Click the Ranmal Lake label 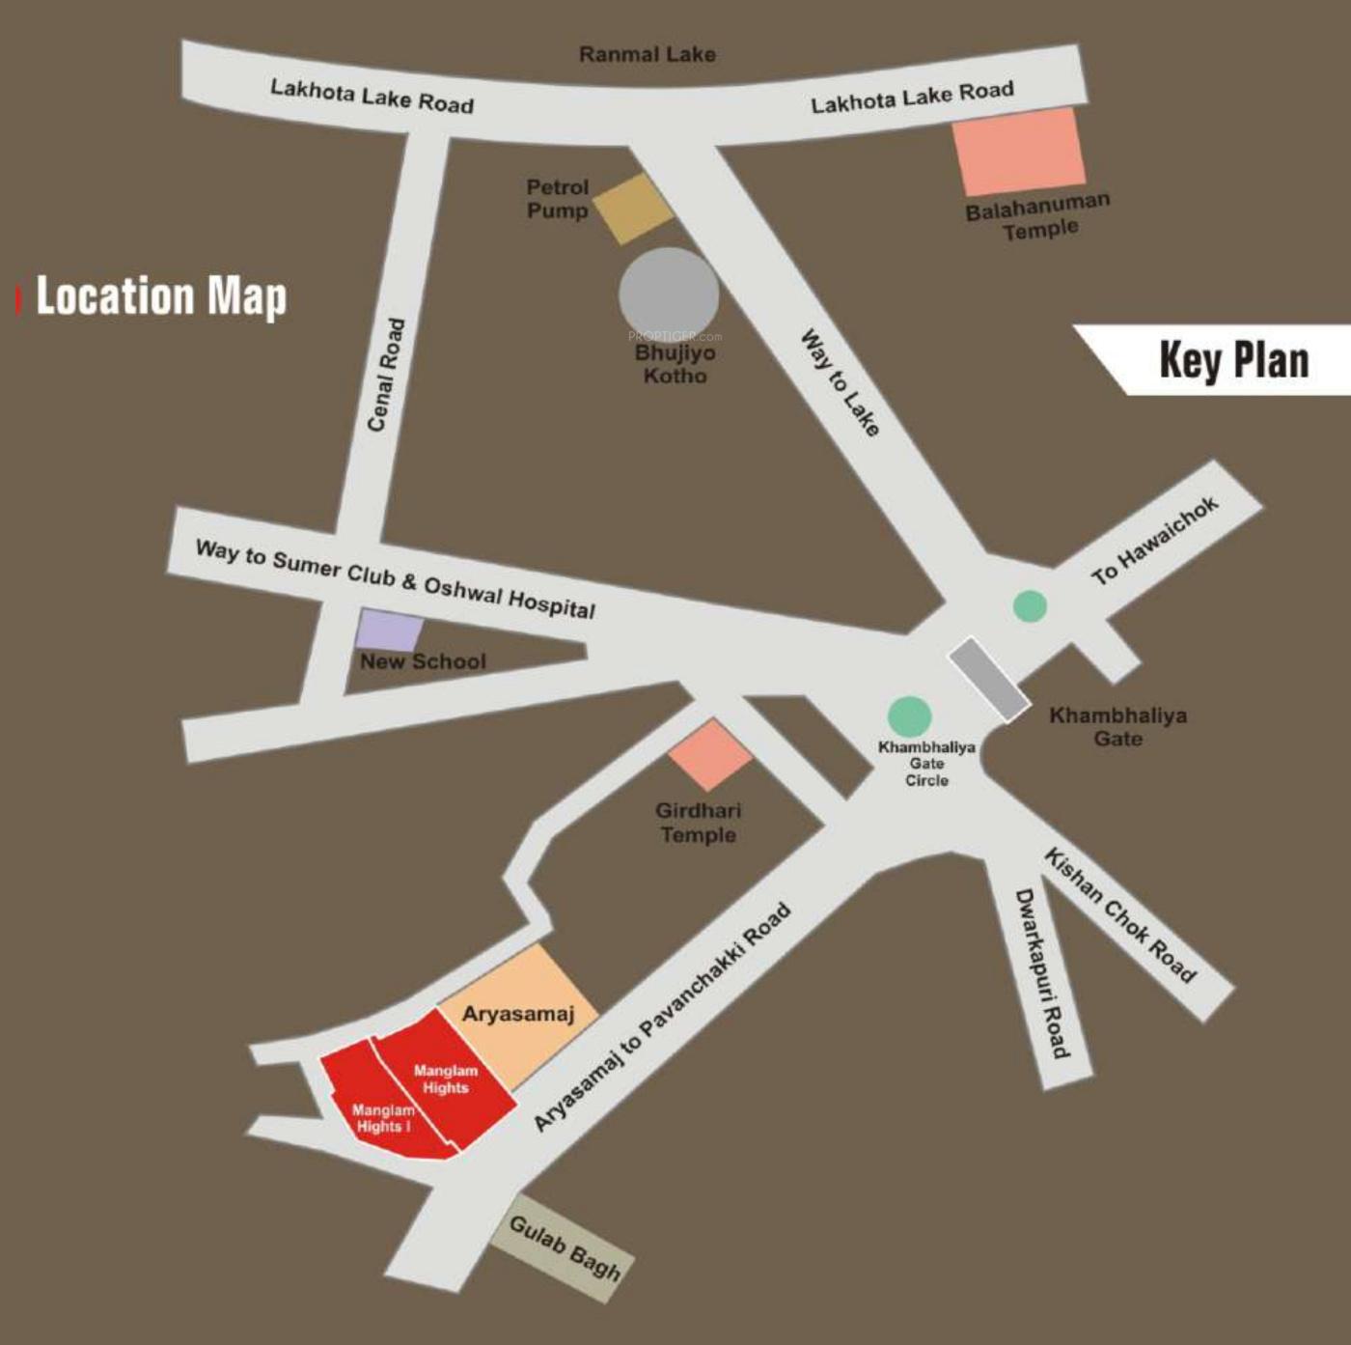coord(647,54)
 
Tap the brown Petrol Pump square coord(633,209)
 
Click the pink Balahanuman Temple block coord(1019,152)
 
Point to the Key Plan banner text coord(1233,360)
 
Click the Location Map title coord(161,296)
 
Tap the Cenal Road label coord(385,375)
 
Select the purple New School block coord(389,630)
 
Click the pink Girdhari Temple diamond coord(710,755)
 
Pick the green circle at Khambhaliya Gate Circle coord(909,716)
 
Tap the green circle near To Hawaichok coord(1030,606)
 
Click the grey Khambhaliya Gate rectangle coord(988,679)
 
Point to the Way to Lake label coord(841,383)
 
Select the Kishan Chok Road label coord(1120,914)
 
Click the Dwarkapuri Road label coord(1042,973)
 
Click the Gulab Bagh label coord(564,1247)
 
